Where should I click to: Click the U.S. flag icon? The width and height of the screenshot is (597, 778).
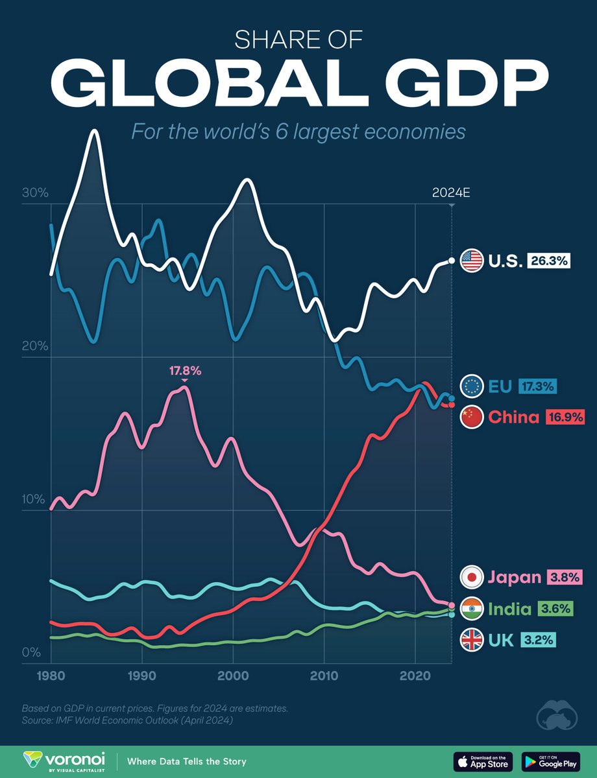471,261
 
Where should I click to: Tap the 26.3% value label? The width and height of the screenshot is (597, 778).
548,261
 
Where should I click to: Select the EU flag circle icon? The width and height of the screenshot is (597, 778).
471,386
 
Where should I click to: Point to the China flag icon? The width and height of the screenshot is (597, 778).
471,417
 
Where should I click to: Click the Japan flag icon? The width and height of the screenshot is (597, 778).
471,576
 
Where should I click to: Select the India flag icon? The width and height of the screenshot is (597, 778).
471,608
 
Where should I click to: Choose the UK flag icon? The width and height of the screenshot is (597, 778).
471,641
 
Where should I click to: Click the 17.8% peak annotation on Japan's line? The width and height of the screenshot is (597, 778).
185,371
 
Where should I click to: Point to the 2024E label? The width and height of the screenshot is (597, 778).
450,193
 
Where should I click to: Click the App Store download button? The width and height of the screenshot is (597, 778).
483,760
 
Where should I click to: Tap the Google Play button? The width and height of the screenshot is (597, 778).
550,760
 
